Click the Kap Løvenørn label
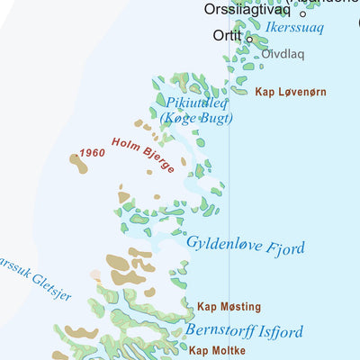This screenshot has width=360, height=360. point(290,93)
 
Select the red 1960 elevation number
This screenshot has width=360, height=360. point(93,154)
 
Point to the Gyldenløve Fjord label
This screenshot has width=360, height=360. point(245,246)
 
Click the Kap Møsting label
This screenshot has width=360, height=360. point(229,307)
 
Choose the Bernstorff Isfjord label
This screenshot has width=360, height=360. point(244,330)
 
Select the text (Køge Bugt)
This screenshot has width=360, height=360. point(197,118)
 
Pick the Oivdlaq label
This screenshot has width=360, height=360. point(283,54)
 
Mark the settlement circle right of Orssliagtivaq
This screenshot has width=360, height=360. point(303,13)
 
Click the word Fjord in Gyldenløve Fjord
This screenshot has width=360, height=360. point(282,248)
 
